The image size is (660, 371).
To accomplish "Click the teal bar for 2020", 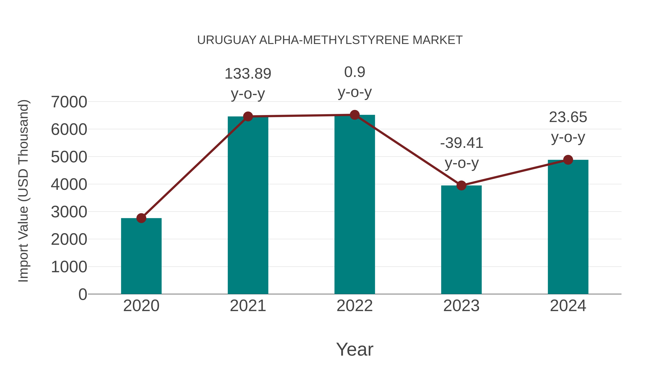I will tap(141, 256).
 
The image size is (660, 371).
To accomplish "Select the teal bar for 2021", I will tap(248, 205).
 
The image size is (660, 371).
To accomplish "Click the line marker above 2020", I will tap(141, 218).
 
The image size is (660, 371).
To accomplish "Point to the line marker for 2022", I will tap(355, 115).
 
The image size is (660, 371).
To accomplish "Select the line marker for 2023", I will tap(461, 185).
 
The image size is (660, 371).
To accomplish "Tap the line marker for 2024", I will tap(568, 160).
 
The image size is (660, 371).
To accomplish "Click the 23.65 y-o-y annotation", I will tap(568, 127).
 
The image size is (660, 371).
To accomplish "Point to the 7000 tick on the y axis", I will tap(69, 102).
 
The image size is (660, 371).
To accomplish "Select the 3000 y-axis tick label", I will tap(69, 212).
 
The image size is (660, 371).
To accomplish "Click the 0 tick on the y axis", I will tap(82, 294).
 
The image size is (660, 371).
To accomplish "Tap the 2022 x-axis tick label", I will tap(355, 306).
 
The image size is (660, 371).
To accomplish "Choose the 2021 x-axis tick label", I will tap(248, 306).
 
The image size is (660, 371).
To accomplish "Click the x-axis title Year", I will tap(355, 349).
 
